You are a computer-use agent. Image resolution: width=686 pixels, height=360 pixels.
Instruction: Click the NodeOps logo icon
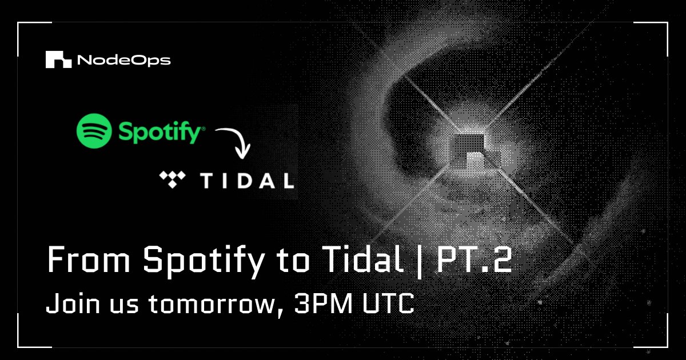(x=58, y=59)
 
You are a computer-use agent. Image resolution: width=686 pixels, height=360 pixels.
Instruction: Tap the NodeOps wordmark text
(x=123, y=60)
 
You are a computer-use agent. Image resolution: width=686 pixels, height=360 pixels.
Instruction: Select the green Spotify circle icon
(x=94, y=130)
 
